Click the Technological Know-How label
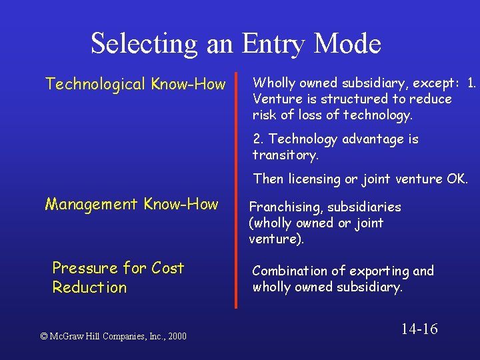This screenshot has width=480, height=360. [135, 84]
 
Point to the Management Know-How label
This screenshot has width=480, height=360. [131, 204]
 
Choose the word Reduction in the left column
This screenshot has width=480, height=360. [89, 287]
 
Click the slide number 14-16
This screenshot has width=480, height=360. [419, 329]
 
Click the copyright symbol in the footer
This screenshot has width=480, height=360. [45, 337]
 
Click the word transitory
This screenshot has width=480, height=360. [285, 155]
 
